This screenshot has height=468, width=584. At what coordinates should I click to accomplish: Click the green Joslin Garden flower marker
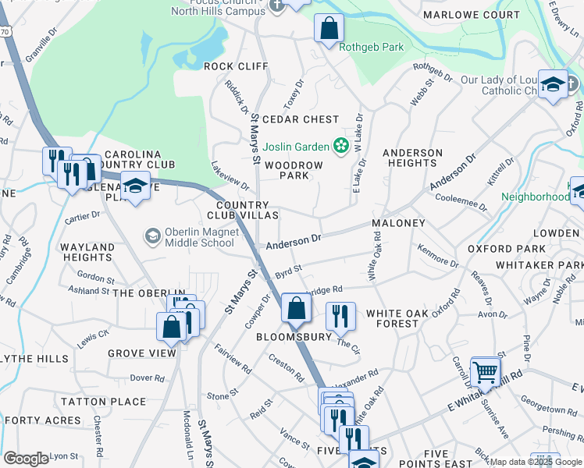click(340, 146)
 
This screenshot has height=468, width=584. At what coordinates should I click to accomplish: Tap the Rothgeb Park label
click(372, 47)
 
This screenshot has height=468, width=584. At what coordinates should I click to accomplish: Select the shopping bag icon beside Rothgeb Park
click(329, 29)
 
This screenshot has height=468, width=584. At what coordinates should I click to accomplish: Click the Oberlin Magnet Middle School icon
click(152, 235)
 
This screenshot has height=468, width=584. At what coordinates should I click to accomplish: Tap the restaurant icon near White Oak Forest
click(340, 316)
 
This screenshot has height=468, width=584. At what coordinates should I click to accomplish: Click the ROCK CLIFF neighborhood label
click(236, 66)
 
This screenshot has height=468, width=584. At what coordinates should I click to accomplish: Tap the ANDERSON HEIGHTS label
click(411, 158)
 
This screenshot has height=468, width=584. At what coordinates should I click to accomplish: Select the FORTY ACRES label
click(31, 420)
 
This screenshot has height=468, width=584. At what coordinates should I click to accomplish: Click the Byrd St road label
click(288, 271)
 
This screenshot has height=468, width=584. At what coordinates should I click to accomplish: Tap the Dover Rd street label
click(145, 378)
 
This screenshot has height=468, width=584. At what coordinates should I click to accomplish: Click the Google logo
click(26, 459)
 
